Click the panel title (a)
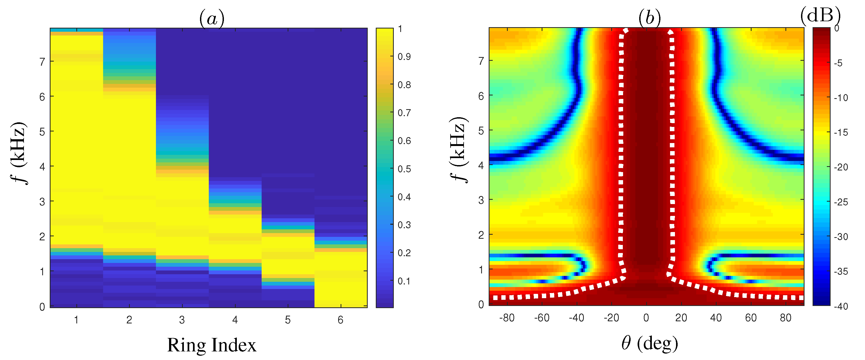pyautogui.click(x=212, y=19)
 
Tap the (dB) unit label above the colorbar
pyautogui.click(x=820, y=15)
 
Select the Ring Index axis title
pyautogui.click(x=212, y=345)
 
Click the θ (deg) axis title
pyautogui.click(x=649, y=344)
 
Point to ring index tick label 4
pyautogui.click(x=235, y=320)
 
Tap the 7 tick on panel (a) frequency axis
pyautogui.click(x=42, y=62)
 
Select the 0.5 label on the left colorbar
pyautogui.click(x=404, y=169)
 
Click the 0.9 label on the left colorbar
pyautogui.click(x=404, y=57)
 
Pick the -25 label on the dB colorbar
pyautogui.click(x=841, y=202)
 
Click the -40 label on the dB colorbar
pyautogui.click(x=841, y=306)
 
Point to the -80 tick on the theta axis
pyautogui.click(x=507, y=318)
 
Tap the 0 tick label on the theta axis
pyautogui.click(x=646, y=318)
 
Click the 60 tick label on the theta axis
pyautogui.click(x=751, y=318)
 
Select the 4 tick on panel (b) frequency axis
pyautogui.click(x=481, y=166)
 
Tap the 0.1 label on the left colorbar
pyautogui.click(x=404, y=281)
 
